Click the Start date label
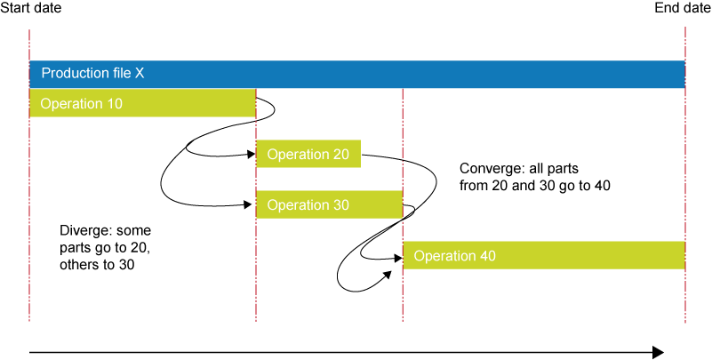(31, 8)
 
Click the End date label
(682, 8)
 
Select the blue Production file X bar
(356, 74)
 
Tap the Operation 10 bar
(142, 103)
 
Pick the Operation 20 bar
(308, 155)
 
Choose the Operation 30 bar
(329, 205)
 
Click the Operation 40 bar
(543, 256)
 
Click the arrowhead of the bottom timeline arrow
(658, 353)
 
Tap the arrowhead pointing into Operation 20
(251, 155)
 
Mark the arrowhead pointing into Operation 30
(251, 205)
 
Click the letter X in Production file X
(140, 74)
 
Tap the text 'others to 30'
(96, 266)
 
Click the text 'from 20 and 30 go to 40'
(534, 186)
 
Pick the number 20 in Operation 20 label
(340, 155)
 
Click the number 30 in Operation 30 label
(340, 205)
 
